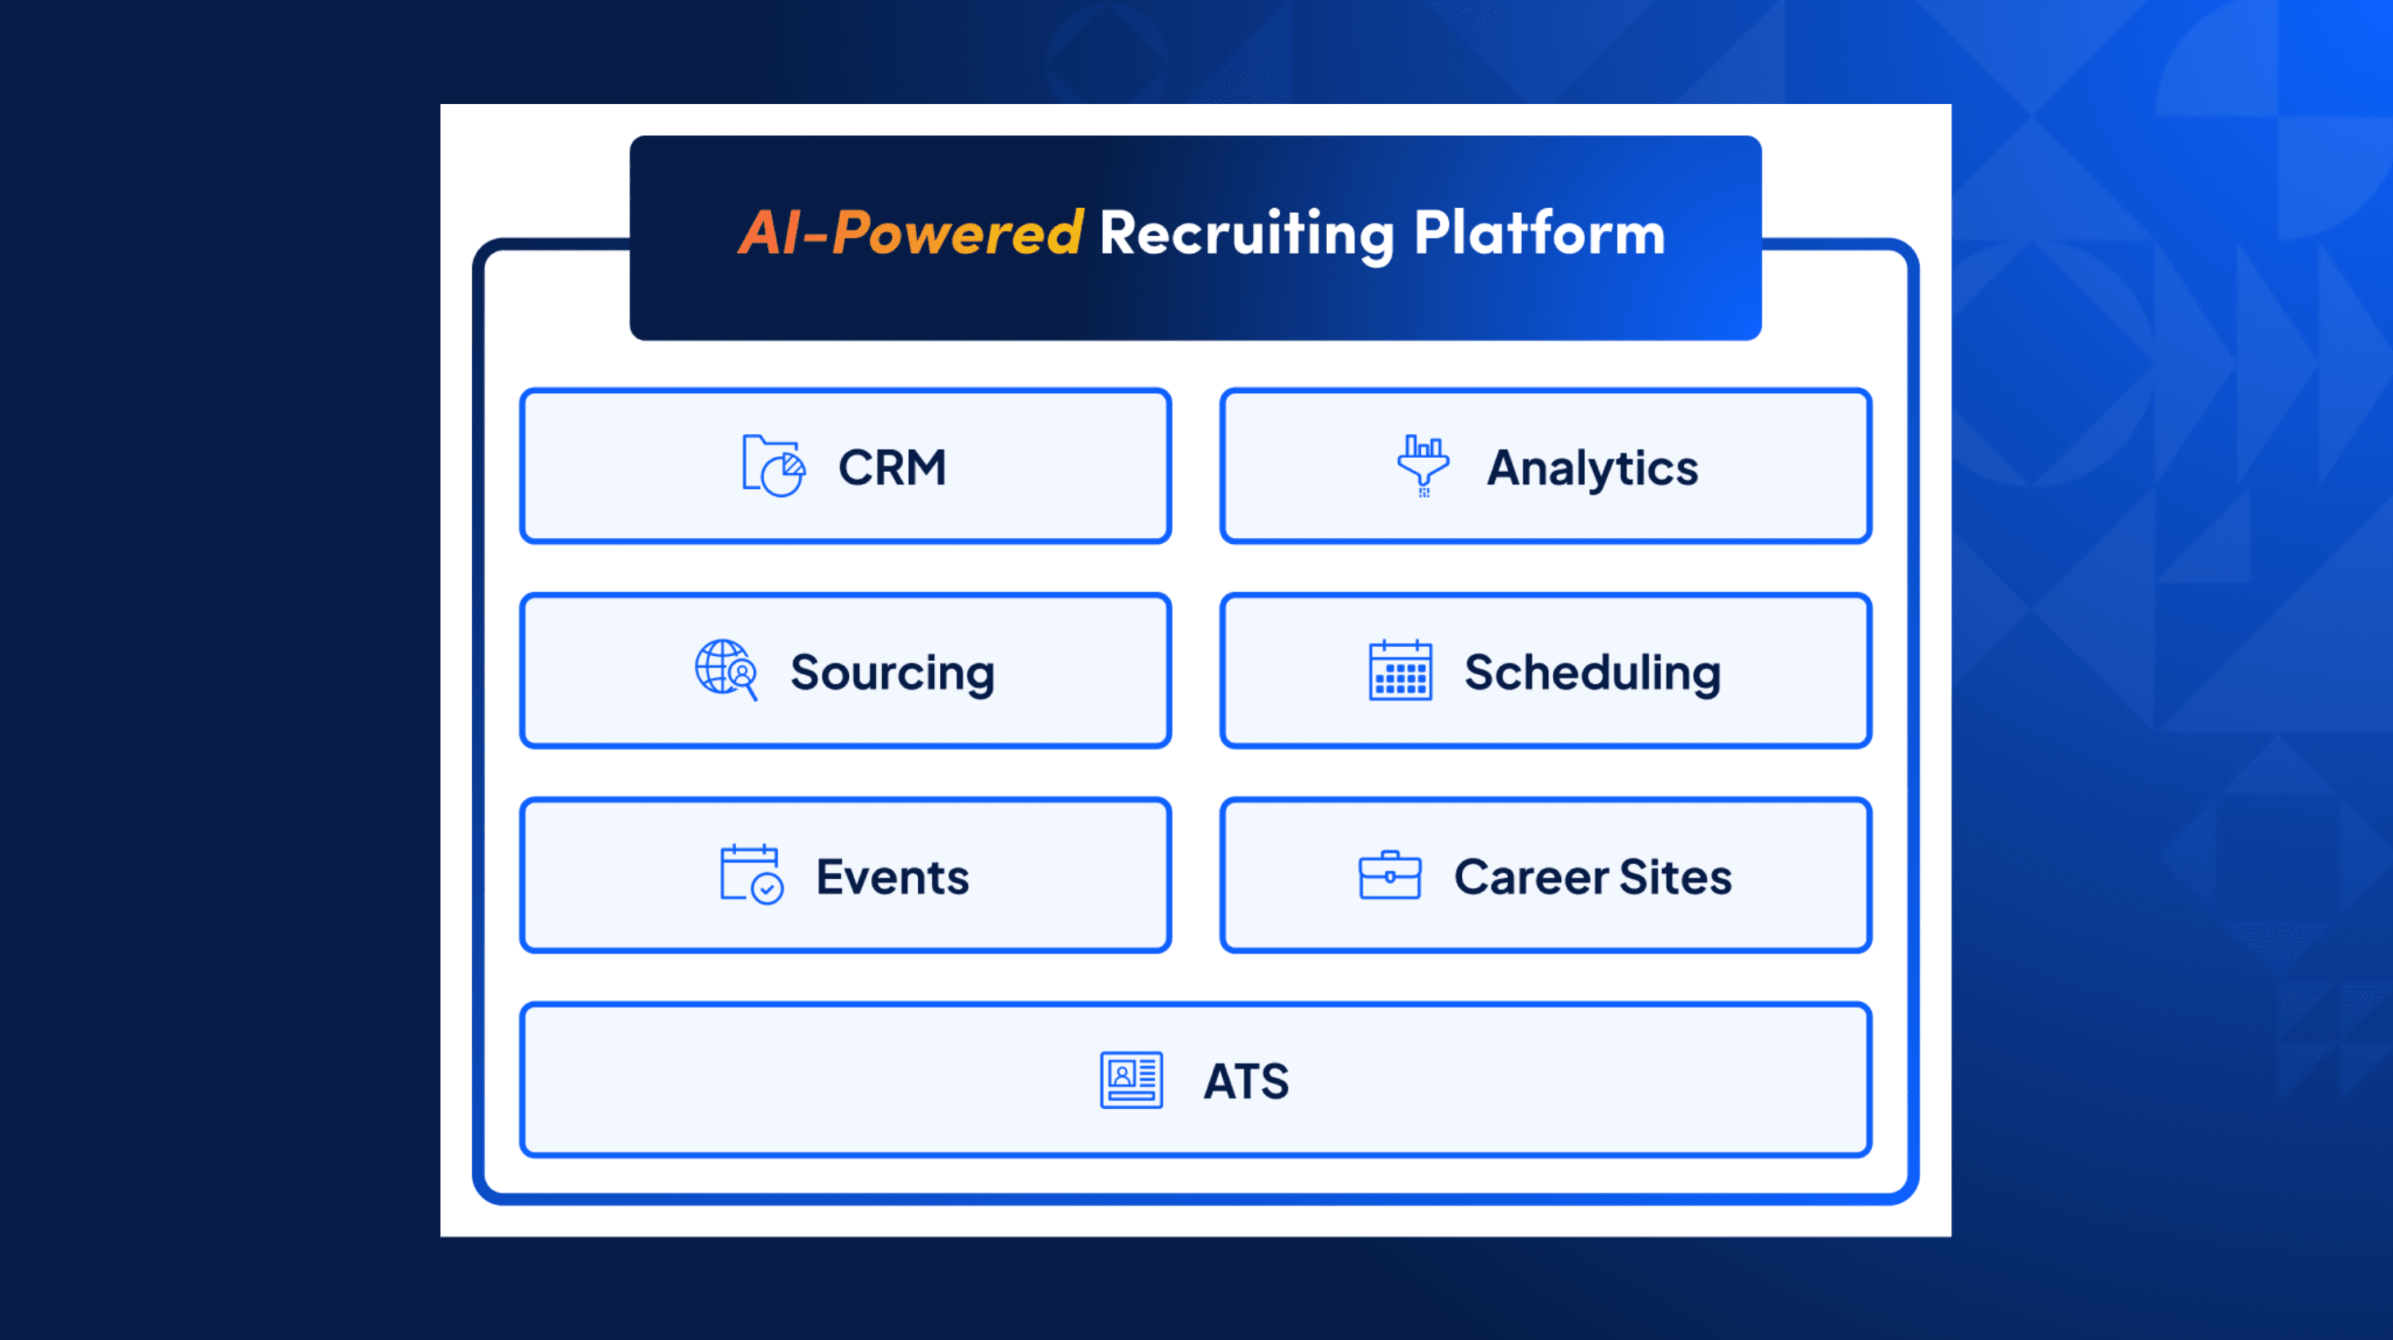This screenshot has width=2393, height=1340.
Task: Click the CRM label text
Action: click(892, 467)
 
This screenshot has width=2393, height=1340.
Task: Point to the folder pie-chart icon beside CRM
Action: click(773, 466)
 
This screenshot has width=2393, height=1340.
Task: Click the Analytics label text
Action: click(1592, 468)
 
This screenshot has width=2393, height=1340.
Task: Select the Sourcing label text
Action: click(892, 672)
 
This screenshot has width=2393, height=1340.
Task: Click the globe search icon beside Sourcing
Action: click(725, 669)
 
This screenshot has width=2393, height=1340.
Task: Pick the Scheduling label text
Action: click(1592, 672)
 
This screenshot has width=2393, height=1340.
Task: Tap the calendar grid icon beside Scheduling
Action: click(1400, 671)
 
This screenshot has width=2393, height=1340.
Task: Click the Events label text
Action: click(892, 876)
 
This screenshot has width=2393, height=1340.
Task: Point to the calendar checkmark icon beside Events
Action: click(751, 874)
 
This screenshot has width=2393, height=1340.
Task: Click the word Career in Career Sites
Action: click(1531, 876)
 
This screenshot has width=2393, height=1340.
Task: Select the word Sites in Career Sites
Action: click(1675, 876)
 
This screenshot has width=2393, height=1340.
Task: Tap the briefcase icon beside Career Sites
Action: click(1389, 875)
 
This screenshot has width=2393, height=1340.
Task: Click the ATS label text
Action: click(1246, 1081)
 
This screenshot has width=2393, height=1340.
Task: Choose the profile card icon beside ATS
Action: click(1131, 1080)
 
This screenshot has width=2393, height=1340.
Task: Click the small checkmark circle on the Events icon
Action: click(767, 889)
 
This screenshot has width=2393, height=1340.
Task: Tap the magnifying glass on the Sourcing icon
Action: click(744, 676)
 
